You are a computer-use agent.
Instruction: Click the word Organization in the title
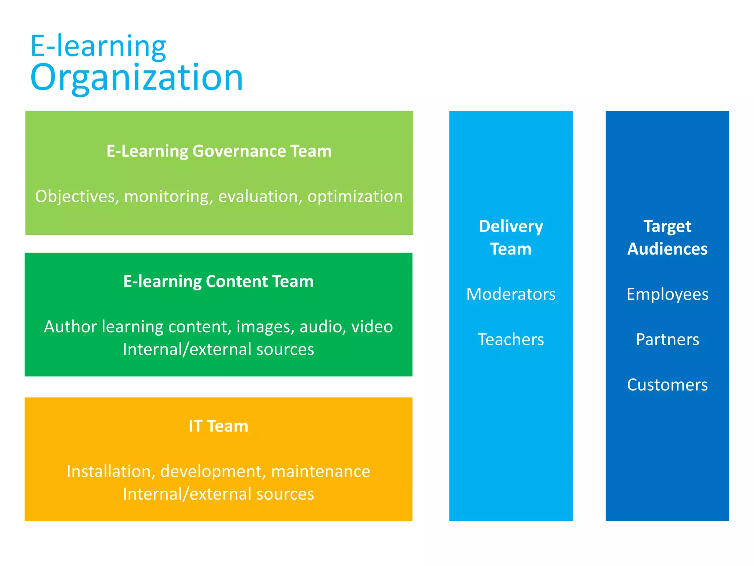click(x=137, y=78)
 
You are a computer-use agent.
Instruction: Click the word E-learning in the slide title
click(x=98, y=46)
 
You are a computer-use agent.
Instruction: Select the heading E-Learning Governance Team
click(x=219, y=151)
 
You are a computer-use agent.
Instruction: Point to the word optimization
click(x=355, y=196)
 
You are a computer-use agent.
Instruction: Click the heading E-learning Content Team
click(x=218, y=282)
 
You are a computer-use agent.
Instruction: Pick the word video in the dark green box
click(x=372, y=327)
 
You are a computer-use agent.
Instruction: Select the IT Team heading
click(x=218, y=426)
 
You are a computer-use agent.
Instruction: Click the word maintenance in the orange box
click(x=321, y=471)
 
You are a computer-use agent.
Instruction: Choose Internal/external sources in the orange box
click(x=218, y=494)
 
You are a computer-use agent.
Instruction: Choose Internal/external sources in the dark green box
click(x=218, y=349)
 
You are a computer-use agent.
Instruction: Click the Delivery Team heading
click(x=511, y=238)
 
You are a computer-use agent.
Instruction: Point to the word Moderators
click(x=511, y=294)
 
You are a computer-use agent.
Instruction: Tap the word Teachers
click(x=511, y=340)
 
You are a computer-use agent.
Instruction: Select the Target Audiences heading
click(x=667, y=238)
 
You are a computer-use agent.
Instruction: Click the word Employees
click(x=667, y=294)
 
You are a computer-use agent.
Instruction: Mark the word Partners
click(x=667, y=340)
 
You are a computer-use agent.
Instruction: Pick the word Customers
click(x=667, y=385)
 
